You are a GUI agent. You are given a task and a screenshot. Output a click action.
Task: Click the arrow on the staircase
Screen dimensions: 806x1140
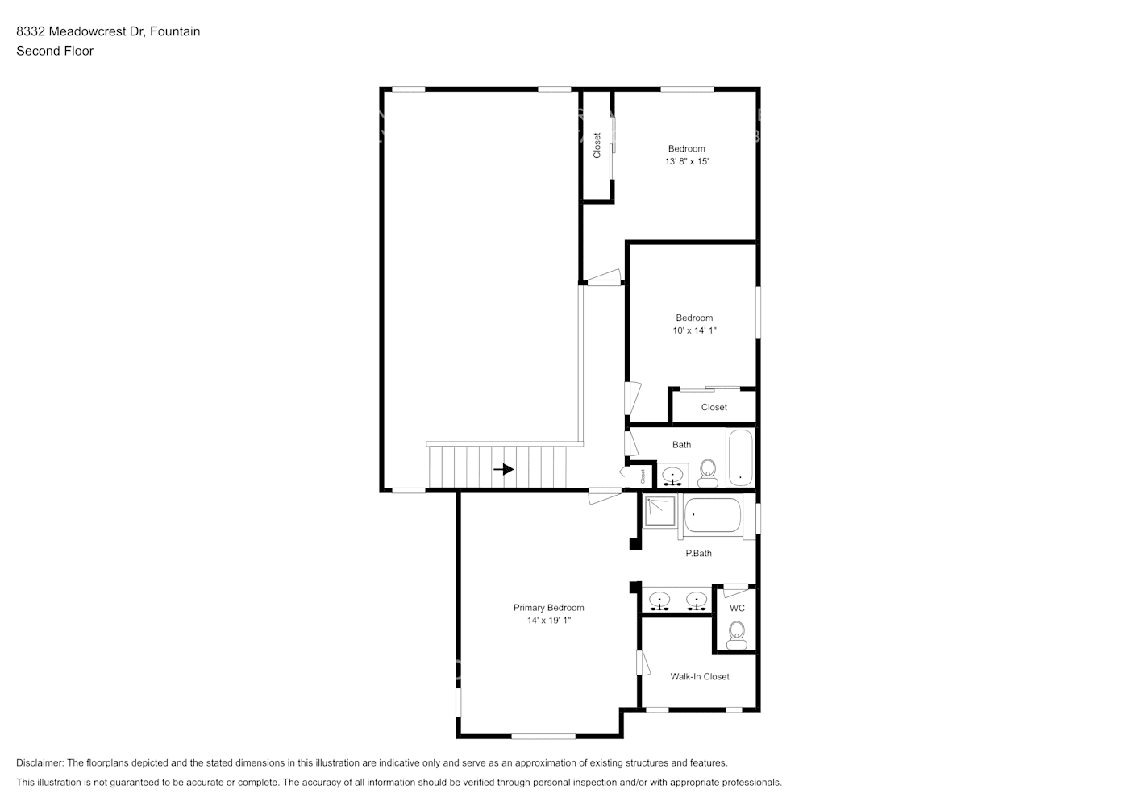click(x=504, y=469)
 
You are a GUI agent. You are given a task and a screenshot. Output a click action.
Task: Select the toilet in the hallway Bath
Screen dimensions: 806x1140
click(x=708, y=473)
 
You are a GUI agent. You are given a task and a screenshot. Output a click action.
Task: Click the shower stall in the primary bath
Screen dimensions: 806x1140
click(x=659, y=511)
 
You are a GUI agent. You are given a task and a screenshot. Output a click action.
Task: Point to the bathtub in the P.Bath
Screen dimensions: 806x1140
click(x=712, y=515)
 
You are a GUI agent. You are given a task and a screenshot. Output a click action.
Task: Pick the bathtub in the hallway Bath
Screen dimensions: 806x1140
click(x=740, y=458)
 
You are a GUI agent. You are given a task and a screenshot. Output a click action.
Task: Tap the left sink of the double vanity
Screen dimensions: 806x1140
click(x=660, y=600)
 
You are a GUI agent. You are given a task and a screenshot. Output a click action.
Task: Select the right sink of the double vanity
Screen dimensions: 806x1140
click(x=696, y=600)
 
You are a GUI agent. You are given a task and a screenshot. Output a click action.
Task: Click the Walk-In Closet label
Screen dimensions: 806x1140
click(x=700, y=677)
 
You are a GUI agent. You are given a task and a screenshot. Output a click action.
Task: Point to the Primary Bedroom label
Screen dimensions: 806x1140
click(x=548, y=608)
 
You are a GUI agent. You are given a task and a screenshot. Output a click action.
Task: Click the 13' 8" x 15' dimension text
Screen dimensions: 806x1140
click(x=687, y=162)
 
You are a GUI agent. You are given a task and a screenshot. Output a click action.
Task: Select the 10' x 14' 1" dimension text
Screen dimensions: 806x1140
click(x=694, y=330)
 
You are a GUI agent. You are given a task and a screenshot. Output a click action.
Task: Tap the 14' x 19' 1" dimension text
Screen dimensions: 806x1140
click(x=548, y=621)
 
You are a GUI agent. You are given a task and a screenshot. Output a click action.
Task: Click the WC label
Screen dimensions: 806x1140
click(x=737, y=609)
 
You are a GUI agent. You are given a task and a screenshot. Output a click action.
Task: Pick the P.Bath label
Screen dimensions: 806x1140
click(x=698, y=554)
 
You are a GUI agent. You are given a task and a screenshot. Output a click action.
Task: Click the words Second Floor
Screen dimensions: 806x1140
click(x=55, y=51)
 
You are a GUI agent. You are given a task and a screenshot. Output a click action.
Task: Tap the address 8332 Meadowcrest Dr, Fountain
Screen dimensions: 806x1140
click(x=108, y=31)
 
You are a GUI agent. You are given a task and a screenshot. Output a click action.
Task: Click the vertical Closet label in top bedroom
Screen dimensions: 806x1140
click(x=597, y=145)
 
